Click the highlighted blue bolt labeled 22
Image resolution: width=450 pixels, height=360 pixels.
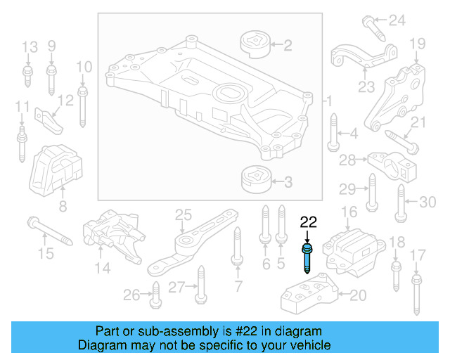pos(308,257)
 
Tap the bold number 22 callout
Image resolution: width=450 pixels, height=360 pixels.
pos(309,223)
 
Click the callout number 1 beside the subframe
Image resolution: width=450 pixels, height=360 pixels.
pos(329,103)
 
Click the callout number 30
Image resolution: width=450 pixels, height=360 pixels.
pos(427,202)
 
